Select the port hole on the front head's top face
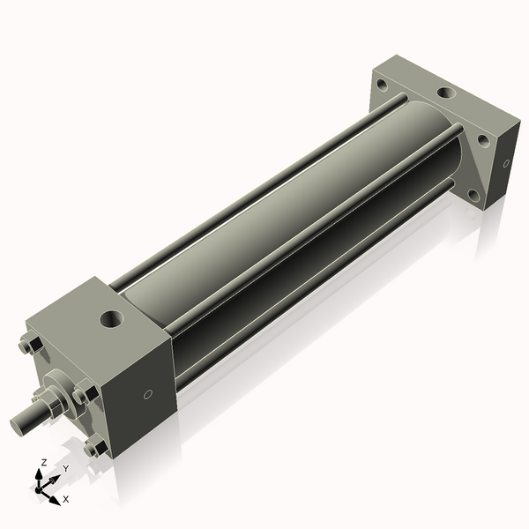point(112,318)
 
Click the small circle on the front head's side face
point(148,394)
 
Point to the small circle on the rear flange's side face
point(506,163)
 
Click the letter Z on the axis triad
point(44,462)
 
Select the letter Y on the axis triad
point(65,468)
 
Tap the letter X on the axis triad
point(66,499)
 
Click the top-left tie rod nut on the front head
point(28,347)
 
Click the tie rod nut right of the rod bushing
point(86,394)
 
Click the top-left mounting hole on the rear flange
point(381,86)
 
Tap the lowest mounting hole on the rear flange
point(473,195)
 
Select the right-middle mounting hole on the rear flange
point(483,139)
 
